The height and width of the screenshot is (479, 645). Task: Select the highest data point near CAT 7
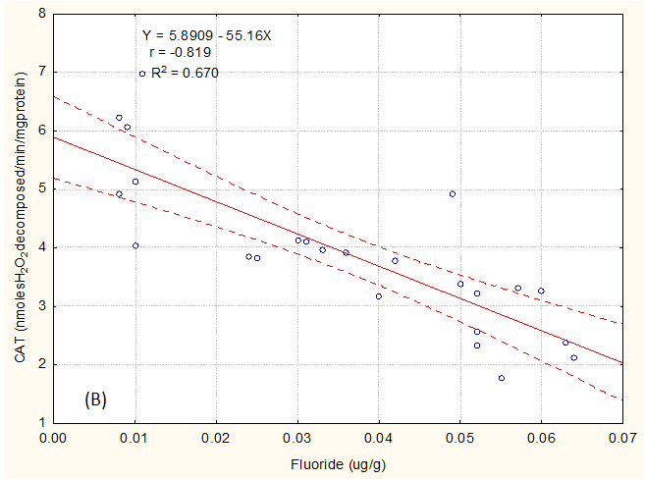(142, 74)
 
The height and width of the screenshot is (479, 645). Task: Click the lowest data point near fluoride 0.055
(501, 378)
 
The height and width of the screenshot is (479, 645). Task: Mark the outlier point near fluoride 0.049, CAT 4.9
(452, 194)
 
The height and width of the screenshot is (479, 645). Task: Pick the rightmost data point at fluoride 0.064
(574, 357)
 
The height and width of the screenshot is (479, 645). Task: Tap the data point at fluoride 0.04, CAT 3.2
(379, 296)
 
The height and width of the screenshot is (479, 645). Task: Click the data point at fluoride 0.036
(346, 252)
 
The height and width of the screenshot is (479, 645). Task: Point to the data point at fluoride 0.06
(541, 291)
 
